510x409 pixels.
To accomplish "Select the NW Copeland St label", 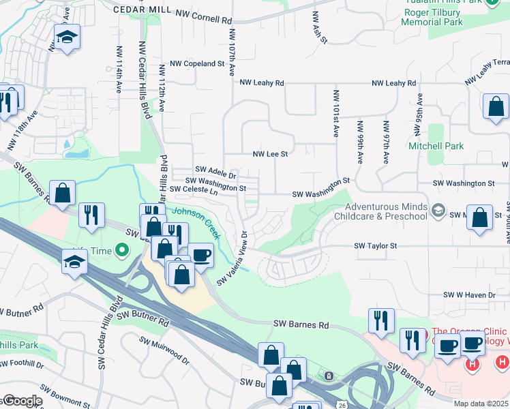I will coord(198,63).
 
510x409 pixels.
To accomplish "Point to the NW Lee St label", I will coord(271,155).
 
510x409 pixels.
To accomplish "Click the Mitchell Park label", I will coord(436,146).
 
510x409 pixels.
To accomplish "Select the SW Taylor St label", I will coord(375,245).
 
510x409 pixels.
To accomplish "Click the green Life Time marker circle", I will coord(122,251).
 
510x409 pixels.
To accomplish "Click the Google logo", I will coord(22,401).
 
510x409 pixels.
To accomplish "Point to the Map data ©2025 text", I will coord(481,404).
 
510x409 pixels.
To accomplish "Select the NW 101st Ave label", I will coord(336,113).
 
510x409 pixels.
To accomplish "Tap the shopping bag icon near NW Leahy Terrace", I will coord(496,107).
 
